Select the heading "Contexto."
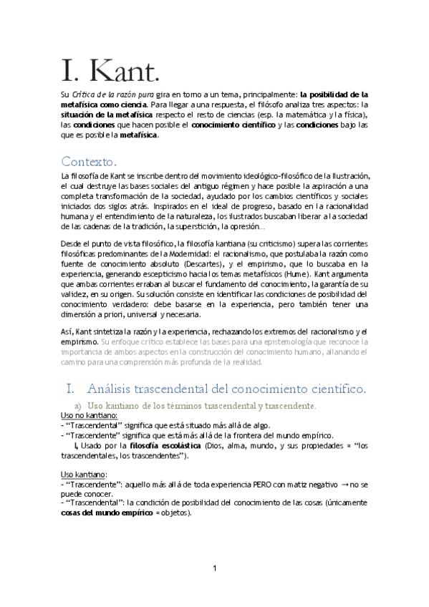[x=94, y=160]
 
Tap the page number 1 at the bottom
[x=214, y=568]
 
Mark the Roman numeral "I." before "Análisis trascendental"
[x=70, y=389]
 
